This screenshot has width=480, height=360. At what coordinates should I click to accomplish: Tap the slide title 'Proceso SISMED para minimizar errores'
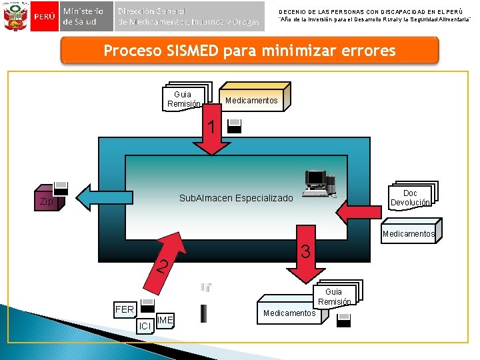249,51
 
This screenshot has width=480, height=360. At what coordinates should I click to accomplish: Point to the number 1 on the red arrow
211,126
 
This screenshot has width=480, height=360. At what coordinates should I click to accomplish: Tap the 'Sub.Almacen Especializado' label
236,199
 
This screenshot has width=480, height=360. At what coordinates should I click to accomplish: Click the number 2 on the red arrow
161,267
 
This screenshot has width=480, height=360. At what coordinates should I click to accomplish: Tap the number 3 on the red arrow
305,251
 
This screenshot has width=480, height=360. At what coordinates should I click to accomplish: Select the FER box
125,309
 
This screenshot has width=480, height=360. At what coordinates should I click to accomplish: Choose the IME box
165,321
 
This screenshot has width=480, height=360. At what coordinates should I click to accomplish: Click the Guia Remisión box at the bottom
334,297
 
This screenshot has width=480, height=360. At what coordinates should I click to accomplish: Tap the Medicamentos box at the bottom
289,313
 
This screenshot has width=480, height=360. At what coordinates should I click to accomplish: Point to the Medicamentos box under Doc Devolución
408,233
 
